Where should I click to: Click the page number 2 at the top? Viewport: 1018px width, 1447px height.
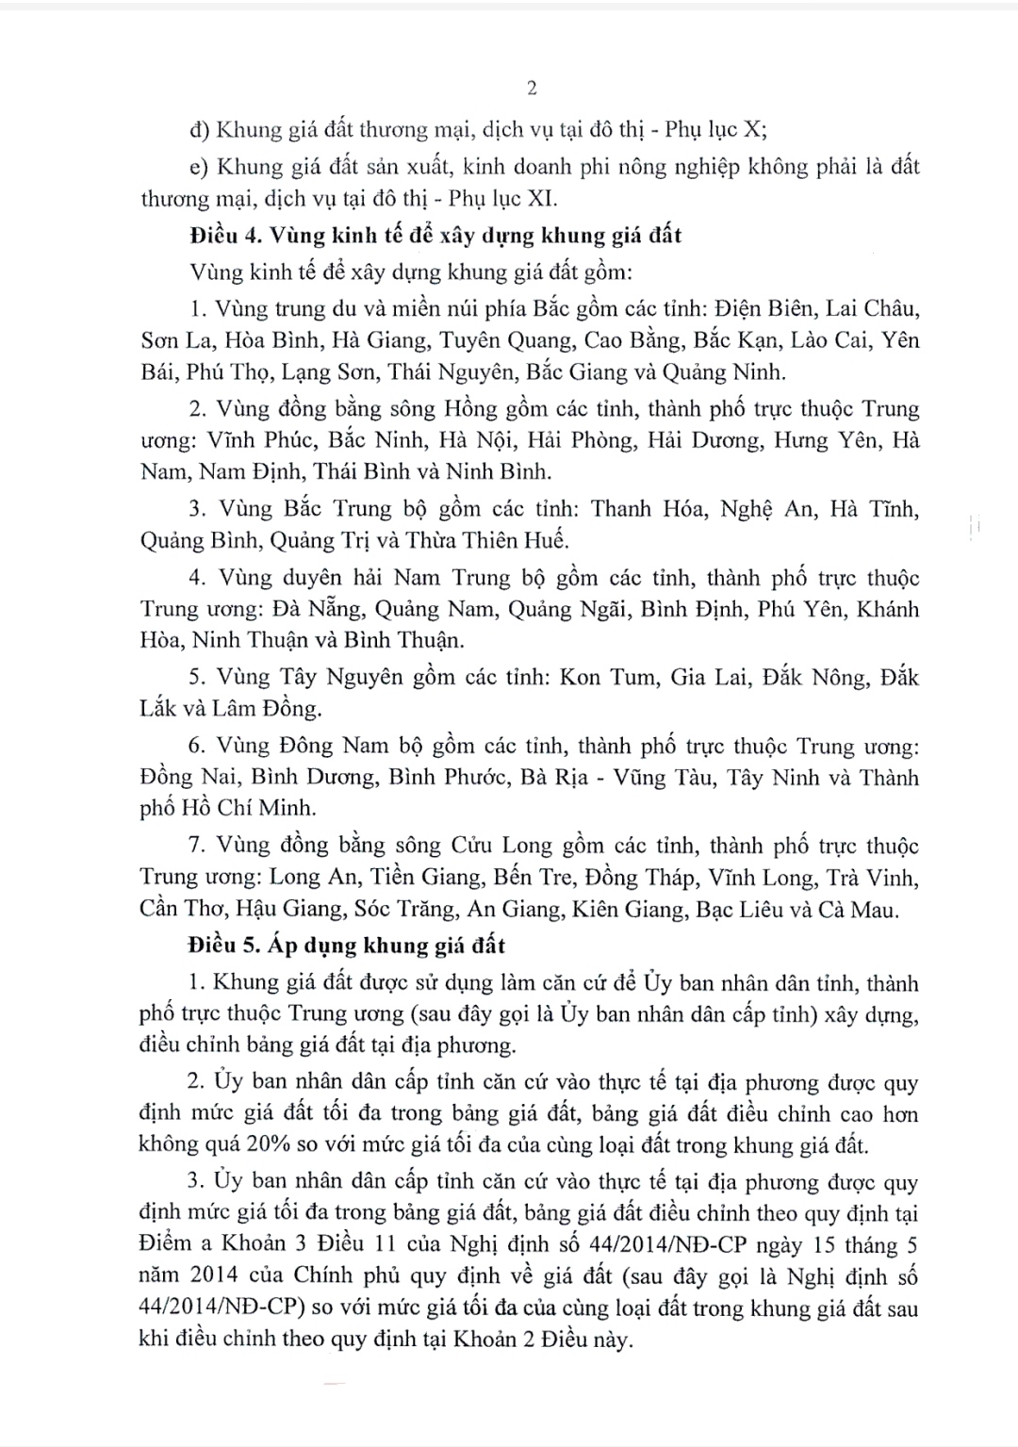(532, 88)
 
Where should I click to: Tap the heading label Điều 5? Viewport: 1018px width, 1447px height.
(221, 945)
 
